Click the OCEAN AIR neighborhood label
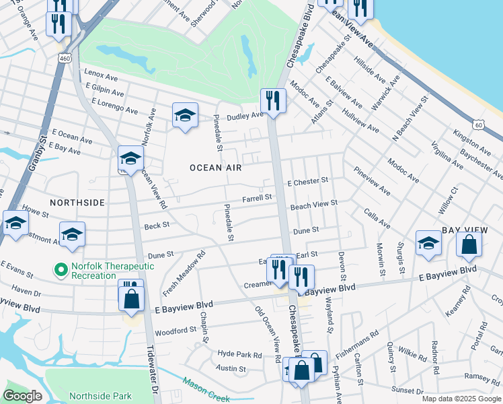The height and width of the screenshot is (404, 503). point(215,167)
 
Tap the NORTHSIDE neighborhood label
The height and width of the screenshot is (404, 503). point(77,202)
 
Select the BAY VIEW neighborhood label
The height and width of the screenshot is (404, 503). point(463,230)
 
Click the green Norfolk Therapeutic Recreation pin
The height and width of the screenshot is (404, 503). point(62,271)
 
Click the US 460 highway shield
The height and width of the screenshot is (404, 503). point(65,59)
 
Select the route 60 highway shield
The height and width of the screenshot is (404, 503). point(477,125)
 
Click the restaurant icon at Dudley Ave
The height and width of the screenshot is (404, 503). point(273,101)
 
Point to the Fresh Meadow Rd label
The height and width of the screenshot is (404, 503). point(182,273)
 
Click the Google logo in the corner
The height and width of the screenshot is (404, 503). point(23,396)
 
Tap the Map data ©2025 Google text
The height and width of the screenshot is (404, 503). point(461,399)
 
